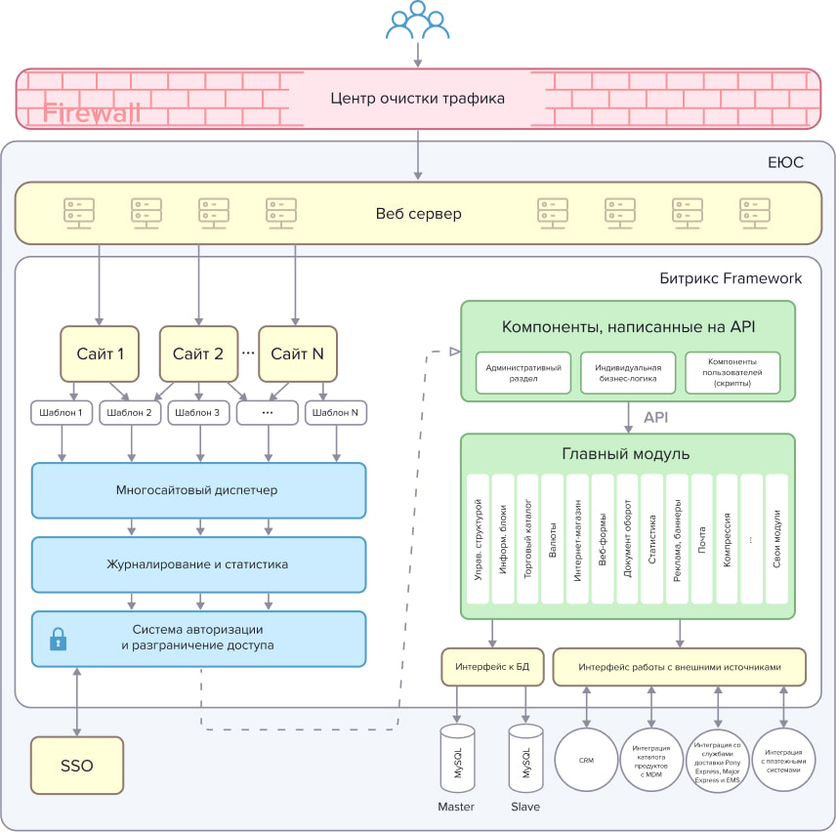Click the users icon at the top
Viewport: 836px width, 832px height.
coord(418,21)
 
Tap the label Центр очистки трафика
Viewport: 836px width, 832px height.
coord(417,99)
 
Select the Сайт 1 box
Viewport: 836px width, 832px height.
coord(99,354)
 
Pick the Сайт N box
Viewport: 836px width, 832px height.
coord(297,354)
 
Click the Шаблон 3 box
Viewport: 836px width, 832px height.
coord(199,413)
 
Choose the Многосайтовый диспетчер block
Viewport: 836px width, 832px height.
coord(199,489)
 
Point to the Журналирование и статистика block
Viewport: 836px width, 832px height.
coord(199,563)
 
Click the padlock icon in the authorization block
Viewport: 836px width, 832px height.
coord(59,640)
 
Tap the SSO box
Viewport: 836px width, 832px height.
coord(76,766)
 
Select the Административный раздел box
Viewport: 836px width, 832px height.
coord(523,373)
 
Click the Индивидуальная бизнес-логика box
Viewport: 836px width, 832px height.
coord(628,373)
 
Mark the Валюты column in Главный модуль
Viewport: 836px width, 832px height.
coord(553,539)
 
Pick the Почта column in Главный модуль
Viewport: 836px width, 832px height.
coord(702,539)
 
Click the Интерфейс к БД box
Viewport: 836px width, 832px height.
coord(492,667)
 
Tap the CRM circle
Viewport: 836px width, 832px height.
coord(586,760)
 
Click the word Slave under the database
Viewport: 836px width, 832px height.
coord(525,807)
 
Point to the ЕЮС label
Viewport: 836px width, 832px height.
coord(785,162)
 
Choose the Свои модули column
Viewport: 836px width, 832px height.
coord(776,539)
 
